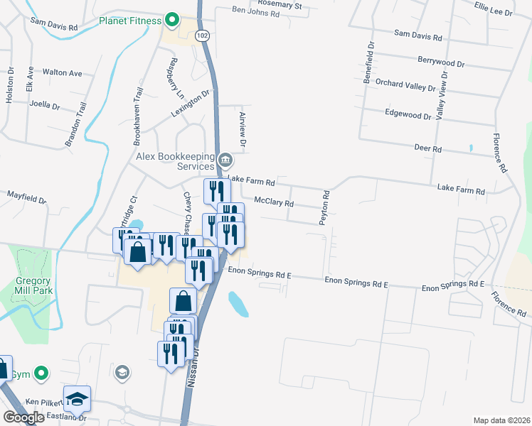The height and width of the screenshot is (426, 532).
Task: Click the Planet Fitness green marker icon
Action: point(171,20)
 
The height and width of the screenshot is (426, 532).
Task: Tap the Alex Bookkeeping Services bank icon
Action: point(225,158)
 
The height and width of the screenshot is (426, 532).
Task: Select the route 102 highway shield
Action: point(203,34)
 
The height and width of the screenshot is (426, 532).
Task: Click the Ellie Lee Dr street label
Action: point(493,9)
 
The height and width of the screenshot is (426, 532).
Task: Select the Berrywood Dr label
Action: point(442,62)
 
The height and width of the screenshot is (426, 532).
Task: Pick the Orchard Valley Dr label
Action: point(405,85)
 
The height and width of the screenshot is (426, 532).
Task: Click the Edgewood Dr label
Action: point(408,113)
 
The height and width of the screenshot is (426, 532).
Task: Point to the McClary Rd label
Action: point(274,202)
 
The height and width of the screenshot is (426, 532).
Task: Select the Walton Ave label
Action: point(62,72)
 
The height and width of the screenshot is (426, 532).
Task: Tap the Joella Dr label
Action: point(45,104)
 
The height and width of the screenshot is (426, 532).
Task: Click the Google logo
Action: point(23,417)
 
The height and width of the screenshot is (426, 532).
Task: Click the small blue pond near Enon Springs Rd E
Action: point(238,304)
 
